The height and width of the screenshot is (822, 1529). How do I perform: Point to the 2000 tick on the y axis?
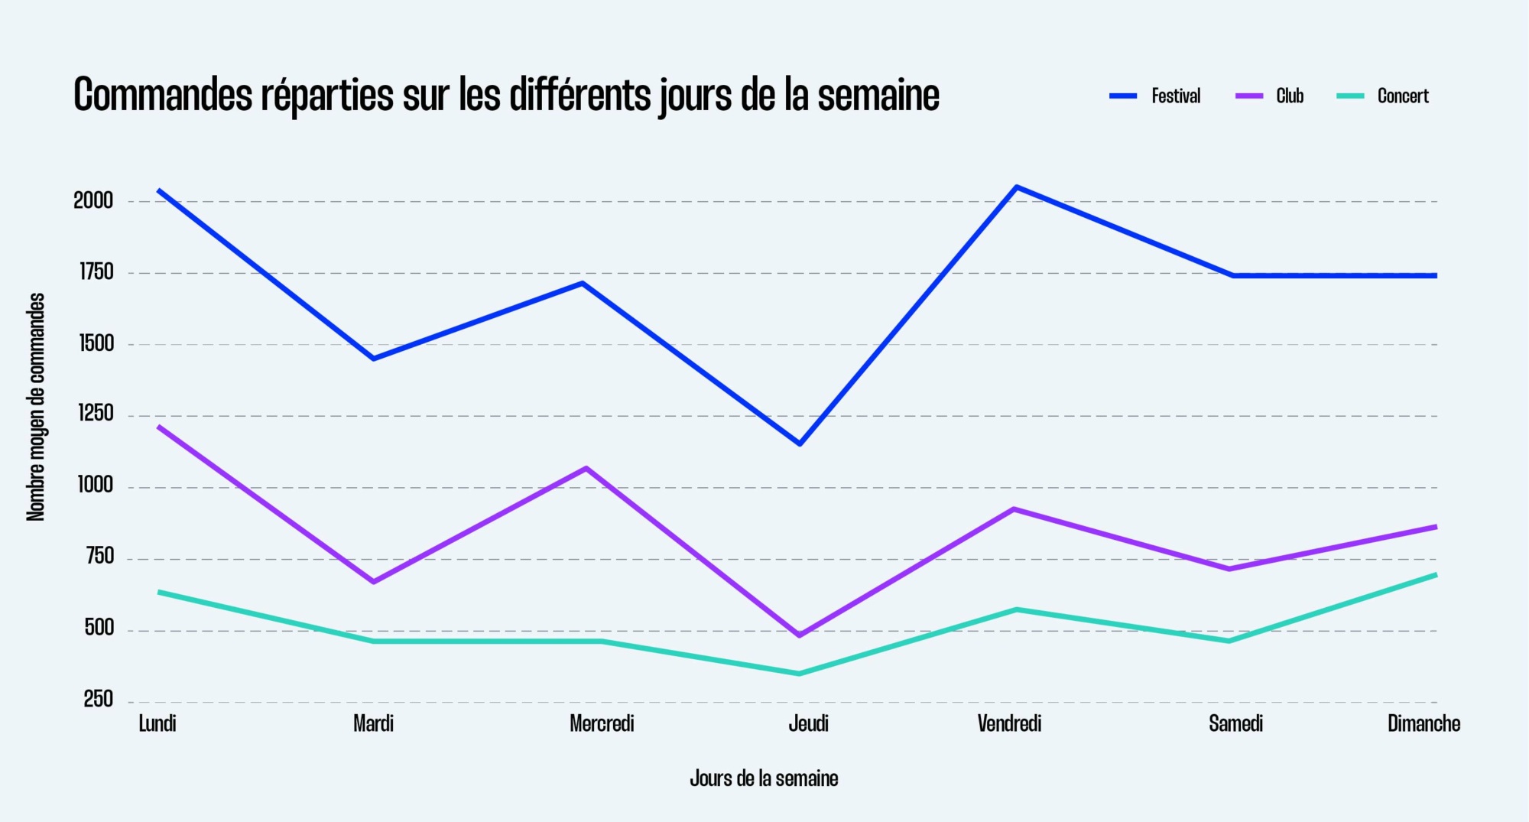(93, 201)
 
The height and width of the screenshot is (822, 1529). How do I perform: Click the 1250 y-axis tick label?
(96, 414)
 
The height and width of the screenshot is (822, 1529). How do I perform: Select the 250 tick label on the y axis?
(98, 699)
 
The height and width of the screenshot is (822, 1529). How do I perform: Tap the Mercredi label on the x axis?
(602, 723)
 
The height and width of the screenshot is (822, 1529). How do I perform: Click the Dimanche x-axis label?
(1423, 723)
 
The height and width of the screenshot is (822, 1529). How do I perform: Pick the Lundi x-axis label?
(157, 723)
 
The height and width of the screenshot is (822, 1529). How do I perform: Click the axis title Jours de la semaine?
(764, 778)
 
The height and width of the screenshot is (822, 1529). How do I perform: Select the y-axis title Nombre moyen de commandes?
(36, 407)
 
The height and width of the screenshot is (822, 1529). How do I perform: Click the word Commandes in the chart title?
(163, 96)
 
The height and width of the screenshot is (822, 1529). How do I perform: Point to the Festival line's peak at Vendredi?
(1016, 187)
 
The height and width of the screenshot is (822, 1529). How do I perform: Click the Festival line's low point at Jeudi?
(800, 443)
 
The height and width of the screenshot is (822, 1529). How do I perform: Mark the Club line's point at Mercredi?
(586, 468)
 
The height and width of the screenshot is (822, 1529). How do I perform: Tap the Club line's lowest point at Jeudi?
(800, 635)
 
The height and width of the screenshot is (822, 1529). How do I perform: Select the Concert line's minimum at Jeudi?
(800, 674)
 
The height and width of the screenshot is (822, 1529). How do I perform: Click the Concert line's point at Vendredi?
(1016, 609)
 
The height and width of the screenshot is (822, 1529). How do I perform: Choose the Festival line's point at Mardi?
(373, 359)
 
